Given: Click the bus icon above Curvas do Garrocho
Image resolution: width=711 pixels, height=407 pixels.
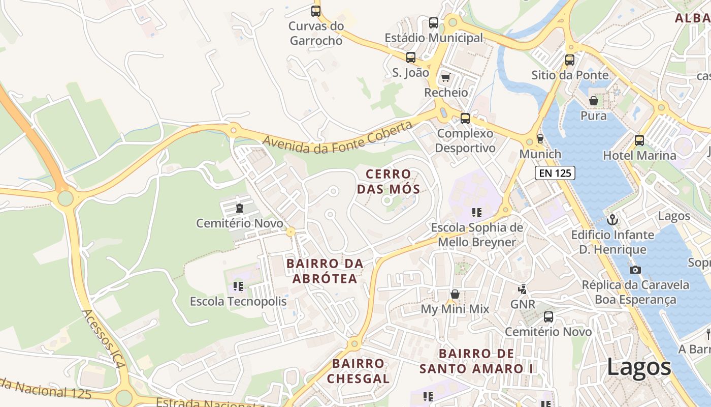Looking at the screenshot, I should pos(316,11).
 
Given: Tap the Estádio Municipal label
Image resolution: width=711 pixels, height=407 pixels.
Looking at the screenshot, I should pos(434,38).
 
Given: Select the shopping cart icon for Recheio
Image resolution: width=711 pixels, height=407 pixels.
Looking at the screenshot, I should pos(445,77).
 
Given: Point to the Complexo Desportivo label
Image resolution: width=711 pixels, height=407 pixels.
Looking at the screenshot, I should pos(465,141).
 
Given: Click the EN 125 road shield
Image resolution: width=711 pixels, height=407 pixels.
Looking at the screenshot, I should pos(555,173).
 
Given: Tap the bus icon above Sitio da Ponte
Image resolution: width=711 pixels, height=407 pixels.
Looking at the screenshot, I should pos(570,60).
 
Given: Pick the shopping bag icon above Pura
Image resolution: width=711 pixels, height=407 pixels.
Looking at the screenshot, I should pos(593,101).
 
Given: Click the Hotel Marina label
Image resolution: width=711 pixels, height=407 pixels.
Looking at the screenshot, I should pos(639,156).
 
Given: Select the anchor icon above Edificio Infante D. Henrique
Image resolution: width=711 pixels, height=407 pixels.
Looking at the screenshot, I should pos(612,220).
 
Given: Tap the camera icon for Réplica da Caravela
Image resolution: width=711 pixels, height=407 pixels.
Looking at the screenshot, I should pos(635,270).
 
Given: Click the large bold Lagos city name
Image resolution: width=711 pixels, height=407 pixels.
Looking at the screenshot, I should pos(639,367).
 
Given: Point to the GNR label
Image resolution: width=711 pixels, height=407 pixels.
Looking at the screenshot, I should pos(523,304).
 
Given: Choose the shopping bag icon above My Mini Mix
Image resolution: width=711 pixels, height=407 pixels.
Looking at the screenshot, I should pos(455,294).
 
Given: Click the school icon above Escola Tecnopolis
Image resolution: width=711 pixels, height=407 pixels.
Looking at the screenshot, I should pos(238,286).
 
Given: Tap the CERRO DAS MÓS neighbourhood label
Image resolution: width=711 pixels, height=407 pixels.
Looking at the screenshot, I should pos(389,182).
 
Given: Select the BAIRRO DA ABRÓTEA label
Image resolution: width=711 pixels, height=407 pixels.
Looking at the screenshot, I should pos(325,271).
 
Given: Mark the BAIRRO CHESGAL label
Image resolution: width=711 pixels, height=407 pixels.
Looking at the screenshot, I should pos(358,371).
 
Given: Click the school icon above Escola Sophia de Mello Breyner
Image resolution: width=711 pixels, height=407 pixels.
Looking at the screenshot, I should pos(476,212).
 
